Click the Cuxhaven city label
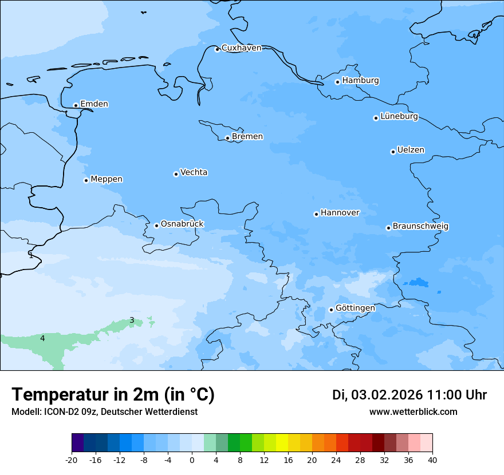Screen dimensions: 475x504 [x=241, y=48]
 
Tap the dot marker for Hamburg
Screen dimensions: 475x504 [x=337, y=82]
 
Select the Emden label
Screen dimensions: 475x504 [x=94, y=104]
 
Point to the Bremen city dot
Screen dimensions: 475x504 [x=227, y=138]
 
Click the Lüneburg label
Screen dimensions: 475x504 [x=399, y=117]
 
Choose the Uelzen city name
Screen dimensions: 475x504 [x=411, y=151]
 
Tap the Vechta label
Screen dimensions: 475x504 [x=194, y=172]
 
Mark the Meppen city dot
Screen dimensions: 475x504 [x=86, y=180]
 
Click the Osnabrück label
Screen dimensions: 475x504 [x=182, y=224]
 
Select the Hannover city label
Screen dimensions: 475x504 [x=340, y=213]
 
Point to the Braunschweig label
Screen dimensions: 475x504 [x=420, y=227]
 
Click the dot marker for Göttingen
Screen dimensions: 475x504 [x=331, y=310]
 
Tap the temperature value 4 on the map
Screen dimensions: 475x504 [x=42, y=339]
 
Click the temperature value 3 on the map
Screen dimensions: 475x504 [x=132, y=320]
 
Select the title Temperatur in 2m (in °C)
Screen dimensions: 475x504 [x=113, y=395]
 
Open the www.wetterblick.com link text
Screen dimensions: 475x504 [x=413, y=412]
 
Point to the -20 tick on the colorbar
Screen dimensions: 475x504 [x=72, y=460]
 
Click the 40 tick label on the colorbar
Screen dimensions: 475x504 [x=432, y=460]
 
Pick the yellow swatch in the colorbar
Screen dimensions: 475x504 [x=282, y=443]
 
